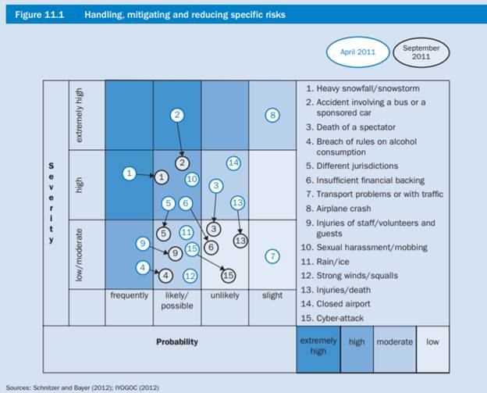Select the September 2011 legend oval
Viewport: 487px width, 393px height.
pyautogui.click(x=421, y=52)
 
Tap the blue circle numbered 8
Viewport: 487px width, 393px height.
pyautogui.click(x=272, y=116)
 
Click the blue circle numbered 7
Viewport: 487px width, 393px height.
pyautogui.click(x=272, y=255)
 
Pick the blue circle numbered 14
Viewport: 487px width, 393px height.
pyautogui.click(x=233, y=163)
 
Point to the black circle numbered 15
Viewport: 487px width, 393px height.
pyautogui.click(x=228, y=275)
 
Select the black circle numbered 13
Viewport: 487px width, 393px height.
pyautogui.click(x=240, y=241)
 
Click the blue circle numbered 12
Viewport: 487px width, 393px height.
pyautogui.click(x=190, y=275)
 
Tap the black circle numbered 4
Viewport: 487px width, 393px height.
pyautogui.click(x=165, y=274)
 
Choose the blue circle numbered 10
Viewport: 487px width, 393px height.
pyautogui.click(x=191, y=179)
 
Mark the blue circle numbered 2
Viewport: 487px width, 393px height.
pyautogui.click(x=177, y=115)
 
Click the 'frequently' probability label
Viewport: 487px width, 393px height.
pyautogui.click(x=129, y=296)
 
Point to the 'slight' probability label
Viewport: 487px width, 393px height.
pyautogui.click(x=272, y=296)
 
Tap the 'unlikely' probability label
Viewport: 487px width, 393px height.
pyautogui.click(x=225, y=296)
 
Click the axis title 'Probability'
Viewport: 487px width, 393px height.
pyautogui.click(x=177, y=341)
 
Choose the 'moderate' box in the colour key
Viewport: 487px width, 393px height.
pyautogui.click(x=395, y=341)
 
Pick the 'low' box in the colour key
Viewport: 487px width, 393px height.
pyautogui.click(x=432, y=341)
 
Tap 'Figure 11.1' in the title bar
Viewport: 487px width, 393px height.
pyautogui.click(x=37, y=14)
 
